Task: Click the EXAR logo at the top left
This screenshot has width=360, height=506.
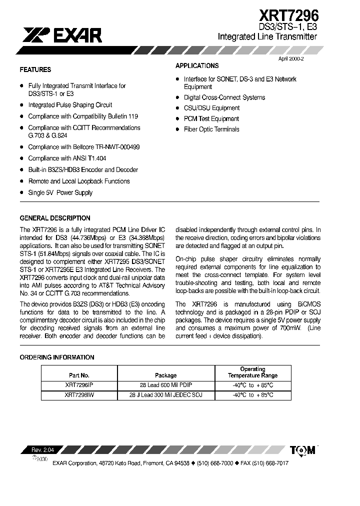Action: pos(62,34)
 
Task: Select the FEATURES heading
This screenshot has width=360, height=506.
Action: pos(35,70)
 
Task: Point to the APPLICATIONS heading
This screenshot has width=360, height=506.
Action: pos(197,66)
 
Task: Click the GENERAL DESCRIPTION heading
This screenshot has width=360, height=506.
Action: pos(55,218)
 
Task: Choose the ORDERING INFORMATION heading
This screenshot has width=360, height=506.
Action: pos(56,357)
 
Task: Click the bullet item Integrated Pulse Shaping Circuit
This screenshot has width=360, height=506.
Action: pos(70,105)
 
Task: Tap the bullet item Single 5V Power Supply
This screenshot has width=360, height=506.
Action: pos(60,192)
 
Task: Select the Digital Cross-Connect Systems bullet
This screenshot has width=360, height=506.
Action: pos(224,97)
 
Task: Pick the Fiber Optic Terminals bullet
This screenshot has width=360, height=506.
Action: pos(211,129)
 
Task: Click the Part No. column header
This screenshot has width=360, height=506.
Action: pos(79,375)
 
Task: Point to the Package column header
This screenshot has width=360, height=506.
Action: pos(165,375)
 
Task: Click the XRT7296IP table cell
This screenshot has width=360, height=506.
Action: pos(79,385)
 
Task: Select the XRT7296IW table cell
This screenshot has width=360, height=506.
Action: pos(79,395)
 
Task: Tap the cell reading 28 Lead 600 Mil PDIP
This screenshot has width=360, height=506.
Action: pos(165,385)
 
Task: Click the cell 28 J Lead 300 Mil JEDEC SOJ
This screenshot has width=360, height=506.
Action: pos(165,395)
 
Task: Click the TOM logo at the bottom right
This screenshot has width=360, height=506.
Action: pos(303,450)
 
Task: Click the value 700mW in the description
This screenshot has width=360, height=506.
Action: pos(294,328)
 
